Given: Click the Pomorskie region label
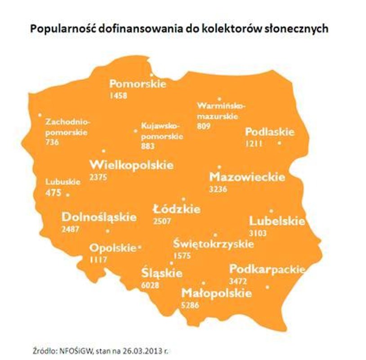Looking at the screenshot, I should (138, 84).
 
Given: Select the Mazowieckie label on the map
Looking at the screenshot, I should (247, 177).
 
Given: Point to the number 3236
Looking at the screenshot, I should (218, 189).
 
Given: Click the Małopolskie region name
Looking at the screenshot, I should (216, 293).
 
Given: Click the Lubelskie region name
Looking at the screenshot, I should (277, 221).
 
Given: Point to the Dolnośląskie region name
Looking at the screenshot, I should (99, 217).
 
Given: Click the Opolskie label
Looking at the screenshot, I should (112, 248).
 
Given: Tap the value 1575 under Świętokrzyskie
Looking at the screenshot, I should (182, 256).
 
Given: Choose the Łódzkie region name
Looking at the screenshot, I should (176, 209).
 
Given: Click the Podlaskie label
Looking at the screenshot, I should (269, 132).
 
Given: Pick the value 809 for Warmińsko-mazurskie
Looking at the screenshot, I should (204, 126).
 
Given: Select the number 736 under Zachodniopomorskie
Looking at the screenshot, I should (52, 142).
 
